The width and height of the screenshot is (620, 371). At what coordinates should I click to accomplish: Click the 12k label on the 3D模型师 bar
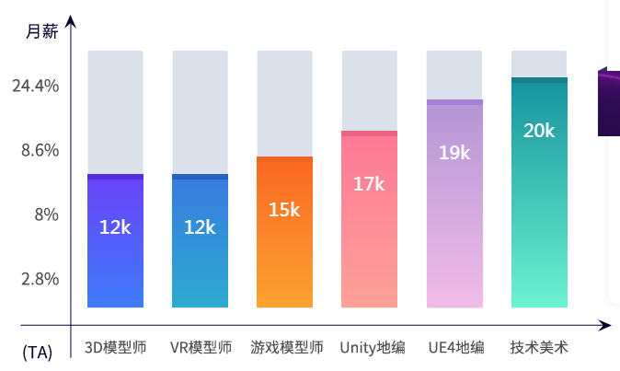(115, 226)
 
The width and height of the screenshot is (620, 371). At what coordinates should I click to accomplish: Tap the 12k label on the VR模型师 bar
(200, 226)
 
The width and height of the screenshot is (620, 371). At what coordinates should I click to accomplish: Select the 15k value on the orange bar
(284, 210)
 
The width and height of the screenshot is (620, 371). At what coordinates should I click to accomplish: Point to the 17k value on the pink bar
(369, 184)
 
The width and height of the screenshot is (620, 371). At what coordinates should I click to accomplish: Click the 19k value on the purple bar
(454, 153)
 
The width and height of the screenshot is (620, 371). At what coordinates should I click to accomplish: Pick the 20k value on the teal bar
(539, 131)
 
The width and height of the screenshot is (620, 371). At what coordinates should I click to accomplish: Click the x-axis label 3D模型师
(115, 348)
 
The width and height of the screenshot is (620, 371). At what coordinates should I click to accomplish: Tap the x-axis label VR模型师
(201, 348)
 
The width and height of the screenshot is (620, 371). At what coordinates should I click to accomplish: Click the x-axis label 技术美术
(539, 348)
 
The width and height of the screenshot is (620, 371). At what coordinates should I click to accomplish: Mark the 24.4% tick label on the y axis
(36, 86)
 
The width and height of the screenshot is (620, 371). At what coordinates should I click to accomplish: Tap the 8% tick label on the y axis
(45, 214)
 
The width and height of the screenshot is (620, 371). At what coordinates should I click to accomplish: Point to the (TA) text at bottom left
(38, 352)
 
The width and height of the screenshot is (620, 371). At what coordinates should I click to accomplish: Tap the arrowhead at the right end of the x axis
(604, 325)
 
